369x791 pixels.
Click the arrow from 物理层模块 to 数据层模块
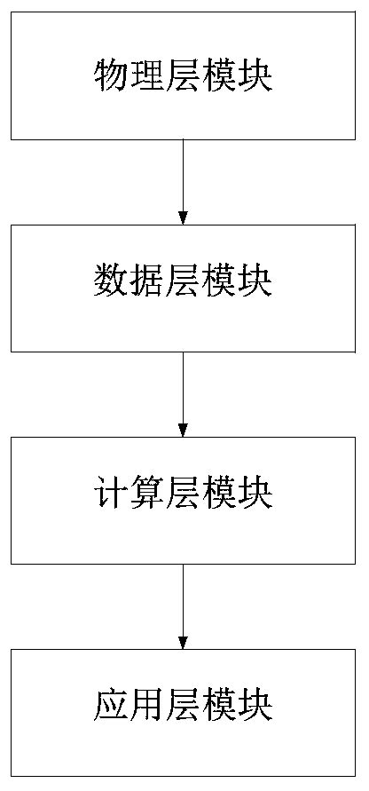pos(183,178)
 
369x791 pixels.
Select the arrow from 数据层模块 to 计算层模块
pos(183,391)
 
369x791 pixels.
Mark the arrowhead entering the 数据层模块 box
pos(183,218)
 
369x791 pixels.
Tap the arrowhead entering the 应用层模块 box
pos(183,643)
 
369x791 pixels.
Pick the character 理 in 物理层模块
pos(146,77)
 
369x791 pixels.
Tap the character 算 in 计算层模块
pos(146,494)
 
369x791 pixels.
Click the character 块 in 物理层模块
pos(255,77)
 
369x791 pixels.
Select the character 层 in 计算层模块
pos(183,494)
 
